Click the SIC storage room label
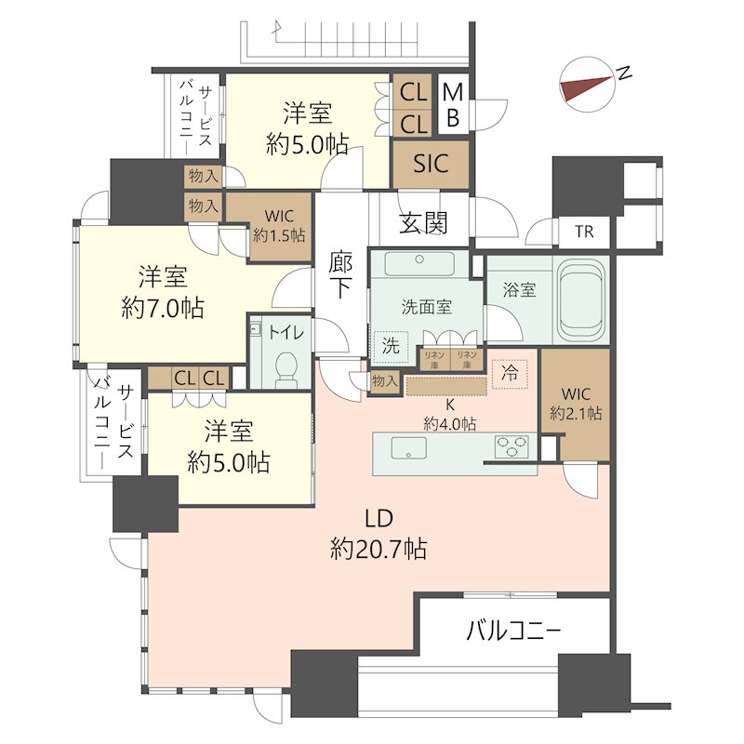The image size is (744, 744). [x=431, y=164]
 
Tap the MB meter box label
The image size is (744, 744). [x=453, y=104]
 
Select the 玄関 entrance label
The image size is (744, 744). [x=423, y=222]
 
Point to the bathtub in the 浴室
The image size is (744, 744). [x=582, y=299]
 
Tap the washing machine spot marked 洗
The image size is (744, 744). [x=391, y=346]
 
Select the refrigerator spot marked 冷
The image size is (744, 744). [x=510, y=374]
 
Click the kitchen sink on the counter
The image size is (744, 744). [x=408, y=448]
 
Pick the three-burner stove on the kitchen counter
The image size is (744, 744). [x=511, y=446]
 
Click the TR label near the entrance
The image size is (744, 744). [x=584, y=232]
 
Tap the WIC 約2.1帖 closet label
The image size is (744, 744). [x=576, y=404]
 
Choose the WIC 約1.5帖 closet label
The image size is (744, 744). [x=279, y=226]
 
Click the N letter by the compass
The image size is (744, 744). [x=624, y=73]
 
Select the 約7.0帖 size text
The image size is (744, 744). [x=163, y=309]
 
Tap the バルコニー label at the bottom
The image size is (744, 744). [x=514, y=631]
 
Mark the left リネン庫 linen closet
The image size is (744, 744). [x=434, y=359]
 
